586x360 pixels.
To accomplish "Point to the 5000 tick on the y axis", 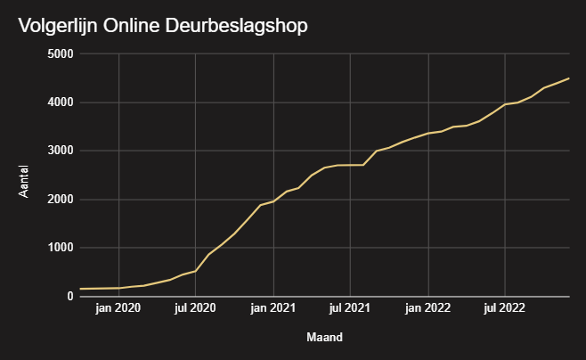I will [61, 54].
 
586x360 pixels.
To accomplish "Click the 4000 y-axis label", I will [61, 102].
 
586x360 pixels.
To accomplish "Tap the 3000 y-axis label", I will [61, 151].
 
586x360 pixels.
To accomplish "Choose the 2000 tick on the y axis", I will [61, 200].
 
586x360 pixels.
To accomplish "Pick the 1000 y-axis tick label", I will [61, 249].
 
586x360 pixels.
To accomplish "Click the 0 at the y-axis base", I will [69, 297].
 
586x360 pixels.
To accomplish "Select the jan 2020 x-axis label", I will [118, 309].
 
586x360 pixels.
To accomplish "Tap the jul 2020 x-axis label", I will [195, 309].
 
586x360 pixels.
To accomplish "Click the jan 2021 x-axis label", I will [273, 309].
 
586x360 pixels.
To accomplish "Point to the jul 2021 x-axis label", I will [350, 309].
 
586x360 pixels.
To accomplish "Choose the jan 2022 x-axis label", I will [428, 309].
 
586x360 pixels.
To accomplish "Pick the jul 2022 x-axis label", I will [505, 309].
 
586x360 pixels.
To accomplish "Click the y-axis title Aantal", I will [25, 176].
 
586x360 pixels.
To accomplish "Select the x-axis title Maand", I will [324, 338].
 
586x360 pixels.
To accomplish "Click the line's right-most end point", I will [569, 78].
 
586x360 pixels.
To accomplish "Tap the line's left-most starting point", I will [80, 289].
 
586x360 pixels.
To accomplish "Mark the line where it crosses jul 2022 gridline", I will [505, 104].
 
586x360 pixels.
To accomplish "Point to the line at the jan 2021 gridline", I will [273, 201].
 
